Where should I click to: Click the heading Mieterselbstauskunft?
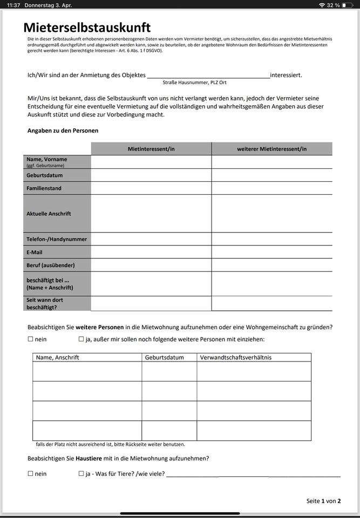[x=87, y=28]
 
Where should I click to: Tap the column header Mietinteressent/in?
[x=151, y=149]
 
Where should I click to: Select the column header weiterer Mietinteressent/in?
[x=271, y=149]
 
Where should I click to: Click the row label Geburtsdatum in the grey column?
[x=45, y=175]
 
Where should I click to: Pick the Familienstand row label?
[x=44, y=188]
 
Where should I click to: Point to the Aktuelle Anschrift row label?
[x=49, y=214]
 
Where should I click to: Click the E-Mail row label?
[x=35, y=252]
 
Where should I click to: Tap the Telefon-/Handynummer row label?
[x=57, y=239]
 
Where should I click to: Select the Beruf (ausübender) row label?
[x=51, y=265]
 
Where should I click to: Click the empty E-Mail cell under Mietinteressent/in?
[x=151, y=252]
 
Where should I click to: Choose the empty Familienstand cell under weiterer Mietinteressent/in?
[x=271, y=188]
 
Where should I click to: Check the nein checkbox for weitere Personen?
[x=30, y=339]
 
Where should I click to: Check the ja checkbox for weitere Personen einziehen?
[x=81, y=339]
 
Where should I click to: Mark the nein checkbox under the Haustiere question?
[x=30, y=474]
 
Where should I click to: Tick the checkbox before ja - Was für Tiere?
[x=81, y=474]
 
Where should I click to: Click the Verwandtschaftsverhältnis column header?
[x=236, y=357]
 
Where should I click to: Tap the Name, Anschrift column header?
[x=57, y=357]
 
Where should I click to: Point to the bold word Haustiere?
[x=89, y=459]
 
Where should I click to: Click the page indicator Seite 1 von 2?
[x=323, y=501]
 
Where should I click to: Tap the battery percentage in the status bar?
[x=334, y=5]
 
